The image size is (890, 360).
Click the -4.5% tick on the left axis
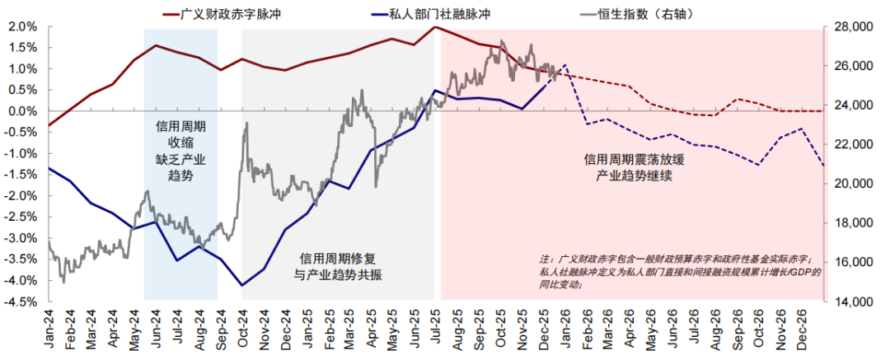pos(21,302)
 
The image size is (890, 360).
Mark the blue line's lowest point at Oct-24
pos(242,285)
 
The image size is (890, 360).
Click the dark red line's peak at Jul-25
pos(435,27)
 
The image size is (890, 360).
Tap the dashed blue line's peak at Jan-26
pos(564,64)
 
